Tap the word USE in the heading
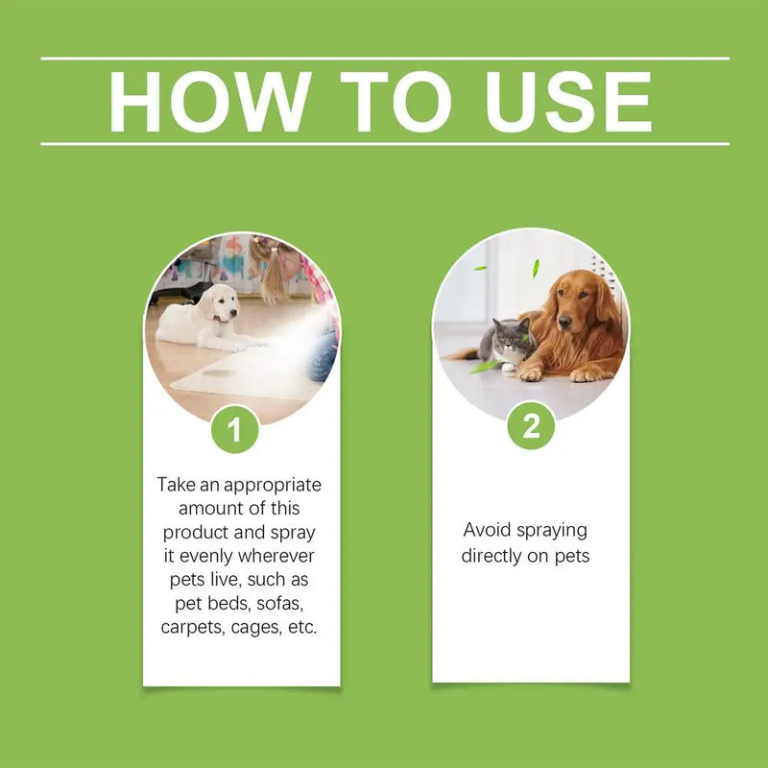[568, 101]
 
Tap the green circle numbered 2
[531, 425]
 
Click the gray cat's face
[514, 337]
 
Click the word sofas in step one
[284, 604]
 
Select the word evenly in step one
[212, 556]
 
